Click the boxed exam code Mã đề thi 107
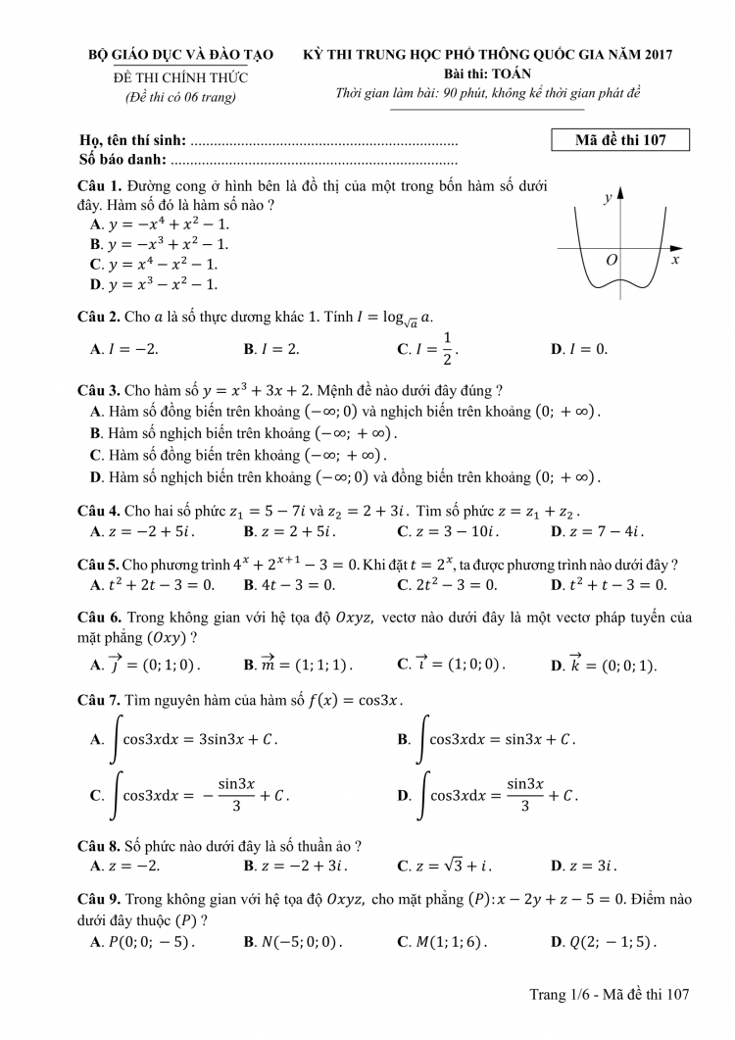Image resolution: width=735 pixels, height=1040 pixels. (x=620, y=140)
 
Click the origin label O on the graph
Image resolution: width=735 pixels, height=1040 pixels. (x=612, y=260)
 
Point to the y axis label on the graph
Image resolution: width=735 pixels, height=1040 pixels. (x=608, y=198)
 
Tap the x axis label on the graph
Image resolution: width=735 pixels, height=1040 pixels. (x=675, y=261)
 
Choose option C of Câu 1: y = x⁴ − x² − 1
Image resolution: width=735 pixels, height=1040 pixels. (x=154, y=265)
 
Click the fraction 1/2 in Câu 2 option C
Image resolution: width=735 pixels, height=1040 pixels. (x=446, y=349)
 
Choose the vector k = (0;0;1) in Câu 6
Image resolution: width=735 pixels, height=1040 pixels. (x=604, y=665)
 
